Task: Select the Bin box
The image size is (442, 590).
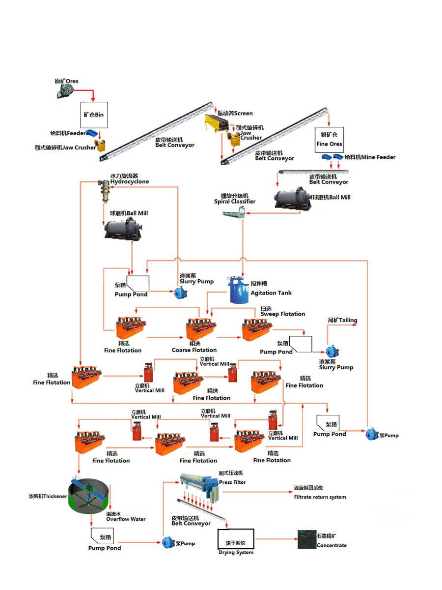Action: coord(93,115)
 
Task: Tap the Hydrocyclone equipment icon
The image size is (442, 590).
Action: coord(104,191)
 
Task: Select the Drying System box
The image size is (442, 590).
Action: coord(236,539)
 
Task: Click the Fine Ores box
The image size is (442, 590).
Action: coord(329,139)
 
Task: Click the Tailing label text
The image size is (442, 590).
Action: coord(342,320)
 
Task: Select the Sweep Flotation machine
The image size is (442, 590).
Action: coord(256,328)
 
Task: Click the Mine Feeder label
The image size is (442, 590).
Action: coord(369,157)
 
